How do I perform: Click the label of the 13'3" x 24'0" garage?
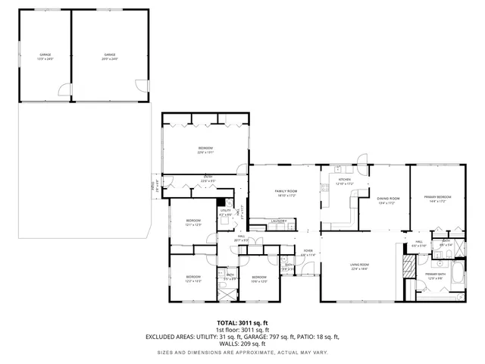click(45, 55)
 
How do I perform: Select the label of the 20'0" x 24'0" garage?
click(110, 55)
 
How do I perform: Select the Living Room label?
click(359, 266)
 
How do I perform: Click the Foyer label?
click(308, 253)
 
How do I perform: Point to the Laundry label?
click(278, 221)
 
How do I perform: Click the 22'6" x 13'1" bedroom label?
click(205, 149)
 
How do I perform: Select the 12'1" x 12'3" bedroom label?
click(193, 222)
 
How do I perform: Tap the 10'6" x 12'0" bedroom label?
click(259, 279)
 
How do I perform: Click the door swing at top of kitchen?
click(362, 160)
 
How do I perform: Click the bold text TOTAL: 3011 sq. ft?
click(242, 322)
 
